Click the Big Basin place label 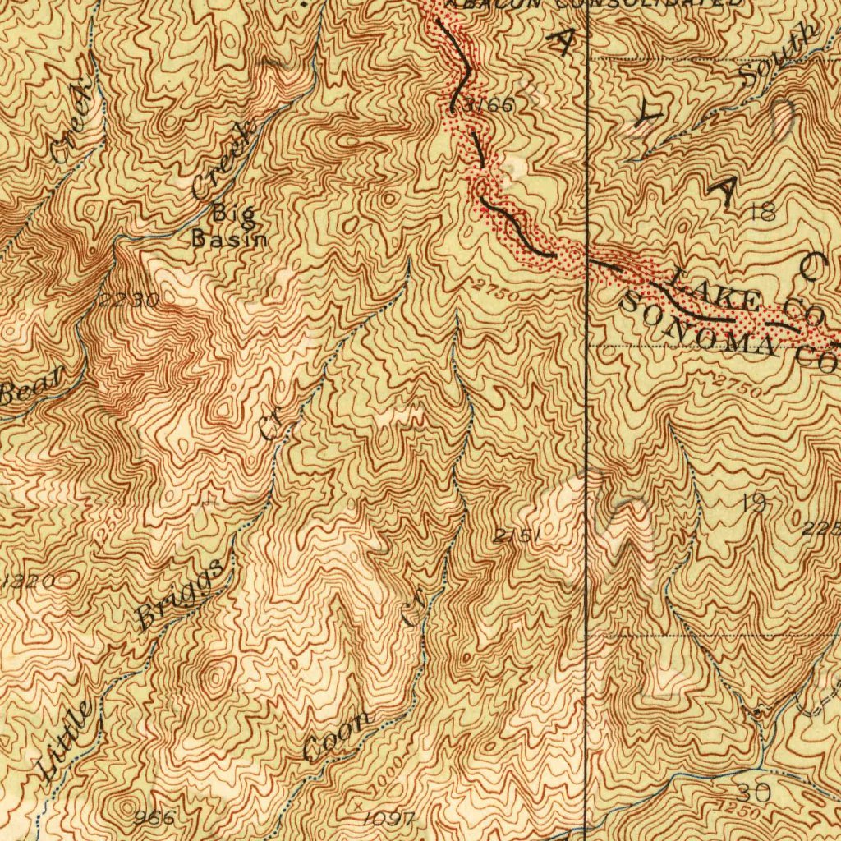click(x=229, y=227)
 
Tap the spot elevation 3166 click(x=487, y=104)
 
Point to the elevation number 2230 click(x=128, y=300)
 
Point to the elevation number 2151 click(x=517, y=536)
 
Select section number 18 click(x=762, y=214)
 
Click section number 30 click(x=753, y=792)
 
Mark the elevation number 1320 click(x=29, y=581)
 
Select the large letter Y click(x=646, y=116)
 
